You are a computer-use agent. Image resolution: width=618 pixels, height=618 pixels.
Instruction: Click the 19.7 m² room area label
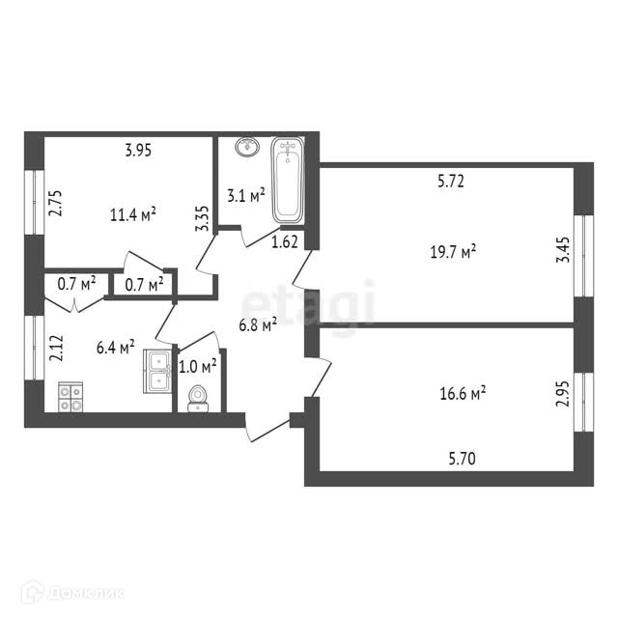coord(453,252)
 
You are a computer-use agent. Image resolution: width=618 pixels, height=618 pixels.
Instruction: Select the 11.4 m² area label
coord(133,213)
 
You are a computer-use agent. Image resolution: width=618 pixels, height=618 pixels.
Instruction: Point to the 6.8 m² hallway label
coord(257,325)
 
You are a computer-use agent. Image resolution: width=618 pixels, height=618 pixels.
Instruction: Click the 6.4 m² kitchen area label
coord(115,348)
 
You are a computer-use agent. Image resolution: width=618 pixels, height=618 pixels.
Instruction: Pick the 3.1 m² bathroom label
coord(245,196)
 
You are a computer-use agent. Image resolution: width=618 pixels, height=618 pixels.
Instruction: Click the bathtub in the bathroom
coord(288,181)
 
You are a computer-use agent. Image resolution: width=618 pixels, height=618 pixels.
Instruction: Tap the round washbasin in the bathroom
coord(247,148)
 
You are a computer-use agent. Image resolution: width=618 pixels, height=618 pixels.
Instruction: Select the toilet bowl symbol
coord(198,398)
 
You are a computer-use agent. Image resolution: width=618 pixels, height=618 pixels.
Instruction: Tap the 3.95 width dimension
coord(140,150)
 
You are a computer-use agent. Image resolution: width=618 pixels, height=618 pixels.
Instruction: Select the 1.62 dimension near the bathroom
coord(284,242)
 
